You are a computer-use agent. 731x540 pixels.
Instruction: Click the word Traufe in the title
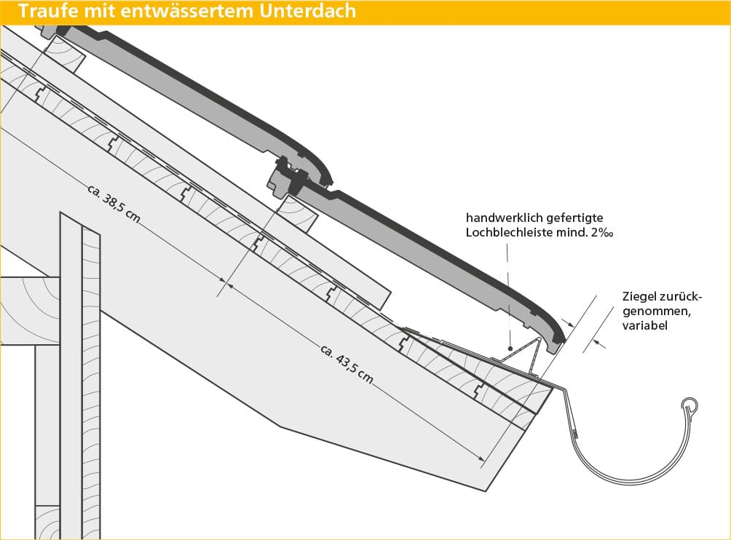tap(49, 10)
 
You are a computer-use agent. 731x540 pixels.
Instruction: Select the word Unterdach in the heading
tap(308, 10)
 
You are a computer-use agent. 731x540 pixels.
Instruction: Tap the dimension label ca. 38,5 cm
tap(114, 204)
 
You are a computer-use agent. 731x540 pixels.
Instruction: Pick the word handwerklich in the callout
tap(505, 218)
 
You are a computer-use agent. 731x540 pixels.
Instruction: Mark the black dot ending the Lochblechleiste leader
tap(511, 349)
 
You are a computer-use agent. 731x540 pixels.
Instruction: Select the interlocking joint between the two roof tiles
tap(291, 177)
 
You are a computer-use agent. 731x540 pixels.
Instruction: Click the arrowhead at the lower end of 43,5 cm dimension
tap(481, 459)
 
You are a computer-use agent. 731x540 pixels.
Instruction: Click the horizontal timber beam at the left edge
tap(31, 311)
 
